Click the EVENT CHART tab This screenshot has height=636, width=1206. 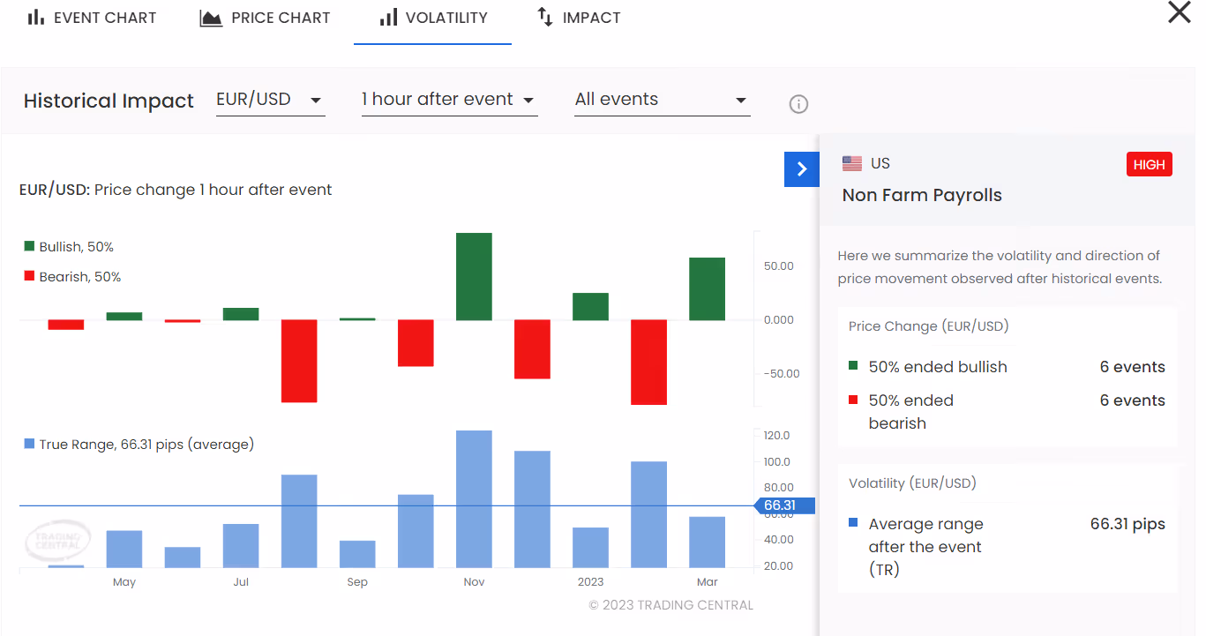click(x=92, y=18)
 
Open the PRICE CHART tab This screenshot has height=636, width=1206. click(x=265, y=18)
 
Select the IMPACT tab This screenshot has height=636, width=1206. click(x=579, y=18)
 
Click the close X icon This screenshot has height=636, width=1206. click(x=1179, y=11)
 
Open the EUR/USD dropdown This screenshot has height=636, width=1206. click(x=270, y=101)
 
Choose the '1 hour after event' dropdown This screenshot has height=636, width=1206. click(x=449, y=101)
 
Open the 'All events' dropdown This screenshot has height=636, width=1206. click(x=663, y=101)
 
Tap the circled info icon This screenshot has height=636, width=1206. click(x=798, y=104)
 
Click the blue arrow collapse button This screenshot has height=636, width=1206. click(x=802, y=169)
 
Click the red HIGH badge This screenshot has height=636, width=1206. click(x=1149, y=164)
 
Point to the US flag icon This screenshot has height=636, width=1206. click(x=851, y=163)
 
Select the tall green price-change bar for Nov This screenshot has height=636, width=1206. click(x=474, y=276)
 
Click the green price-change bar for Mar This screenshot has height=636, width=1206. click(x=707, y=288)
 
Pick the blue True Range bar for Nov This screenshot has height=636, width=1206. click(x=474, y=498)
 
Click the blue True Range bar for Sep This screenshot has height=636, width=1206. click(x=357, y=554)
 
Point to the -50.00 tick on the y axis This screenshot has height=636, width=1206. click(x=782, y=374)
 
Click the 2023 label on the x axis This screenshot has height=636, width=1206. click(x=590, y=581)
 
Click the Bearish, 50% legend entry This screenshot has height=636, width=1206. click(x=72, y=277)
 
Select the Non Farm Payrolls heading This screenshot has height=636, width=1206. click(x=922, y=195)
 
